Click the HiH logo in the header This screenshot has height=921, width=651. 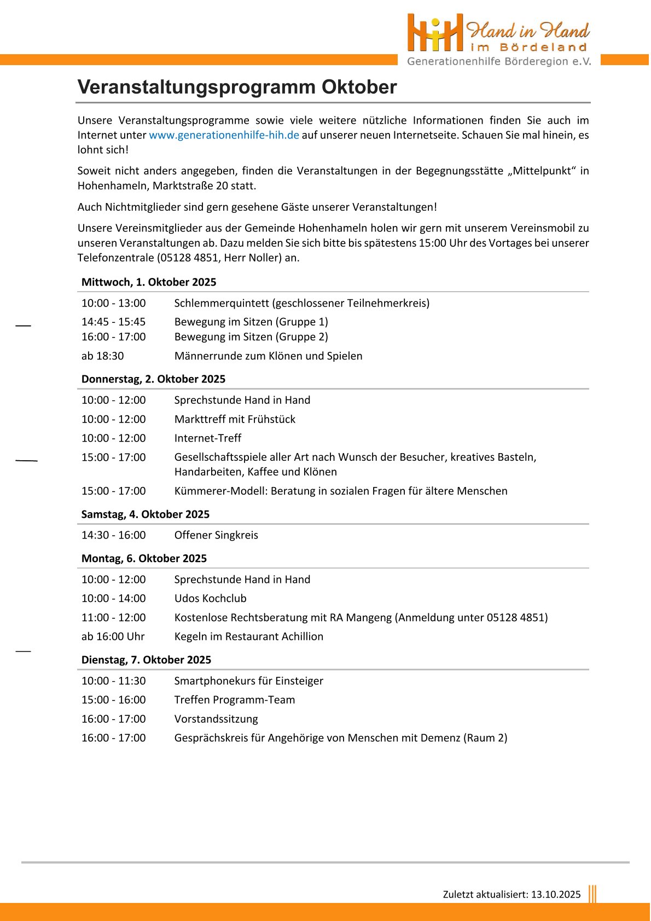pos(435,33)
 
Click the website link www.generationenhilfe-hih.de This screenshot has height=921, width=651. pos(224,135)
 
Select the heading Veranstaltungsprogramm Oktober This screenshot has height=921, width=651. pos(237,87)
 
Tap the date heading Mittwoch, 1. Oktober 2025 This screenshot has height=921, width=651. pos(149,282)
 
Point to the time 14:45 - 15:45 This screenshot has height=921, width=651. pos(114,322)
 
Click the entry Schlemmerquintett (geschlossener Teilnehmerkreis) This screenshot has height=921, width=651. pos(301,303)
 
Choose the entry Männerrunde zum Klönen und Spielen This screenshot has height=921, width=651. pos(268,356)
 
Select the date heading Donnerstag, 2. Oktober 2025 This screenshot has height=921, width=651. pos(153,379)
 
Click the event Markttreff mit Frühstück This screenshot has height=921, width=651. pos(235,419)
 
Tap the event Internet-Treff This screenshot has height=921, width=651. pos(208,438)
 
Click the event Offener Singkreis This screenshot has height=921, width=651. pos(216,535)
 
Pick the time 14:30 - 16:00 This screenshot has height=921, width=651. pos(114,535)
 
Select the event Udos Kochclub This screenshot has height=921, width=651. pos(210,598)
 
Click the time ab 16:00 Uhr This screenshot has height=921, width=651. pos(113,636)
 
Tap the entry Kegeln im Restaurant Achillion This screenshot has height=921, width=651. pos(248,636)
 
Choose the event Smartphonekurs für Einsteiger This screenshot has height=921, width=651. pos(248,681)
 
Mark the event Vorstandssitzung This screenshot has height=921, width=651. pos(216,719)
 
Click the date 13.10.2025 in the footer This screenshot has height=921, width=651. pos(556,894)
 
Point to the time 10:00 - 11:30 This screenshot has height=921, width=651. pos(114,681)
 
